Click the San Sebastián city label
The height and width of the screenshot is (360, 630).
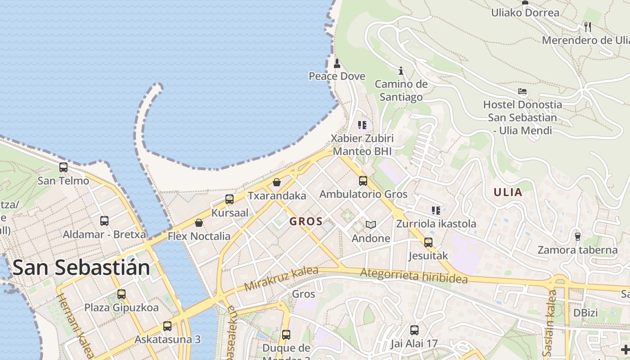pos(81,267)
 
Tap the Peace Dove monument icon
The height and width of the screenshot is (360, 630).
pos(337,63)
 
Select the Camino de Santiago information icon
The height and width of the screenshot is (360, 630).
pos(400,71)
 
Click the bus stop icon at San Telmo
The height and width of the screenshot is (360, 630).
pos(63,167)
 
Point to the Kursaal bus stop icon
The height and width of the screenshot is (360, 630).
pos(229,199)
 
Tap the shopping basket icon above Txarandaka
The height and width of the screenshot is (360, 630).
pos(277,182)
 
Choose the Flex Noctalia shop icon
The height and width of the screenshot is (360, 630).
pos(198,223)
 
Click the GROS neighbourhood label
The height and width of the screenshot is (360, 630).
pos(306,221)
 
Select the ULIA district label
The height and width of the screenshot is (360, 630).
pos(508,193)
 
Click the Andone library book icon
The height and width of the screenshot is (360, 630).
pos(370,225)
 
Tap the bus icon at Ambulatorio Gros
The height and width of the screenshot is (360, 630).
pos(363,181)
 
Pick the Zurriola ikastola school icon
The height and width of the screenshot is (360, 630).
pos(436,210)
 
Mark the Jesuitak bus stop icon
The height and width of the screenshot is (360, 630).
pos(428,243)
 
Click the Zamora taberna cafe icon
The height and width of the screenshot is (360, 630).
pos(578,236)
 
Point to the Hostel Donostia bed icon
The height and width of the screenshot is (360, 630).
pos(522,91)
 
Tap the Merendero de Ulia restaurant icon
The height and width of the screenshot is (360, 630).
pos(587,27)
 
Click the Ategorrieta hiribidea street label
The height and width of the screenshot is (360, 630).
pos(414,275)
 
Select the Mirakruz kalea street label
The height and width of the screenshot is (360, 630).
pos(281,279)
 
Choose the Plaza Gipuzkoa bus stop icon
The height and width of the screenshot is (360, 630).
pos(121,294)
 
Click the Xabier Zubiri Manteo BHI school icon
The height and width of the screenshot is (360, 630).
pos(362,125)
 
